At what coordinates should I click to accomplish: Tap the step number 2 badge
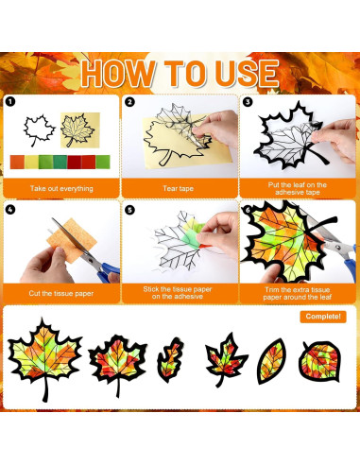click(x=129, y=101)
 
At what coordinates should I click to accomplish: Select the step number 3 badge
click(x=248, y=101)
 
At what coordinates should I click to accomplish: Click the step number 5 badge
click(x=129, y=209)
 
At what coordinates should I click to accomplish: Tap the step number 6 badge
click(x=248, y=209)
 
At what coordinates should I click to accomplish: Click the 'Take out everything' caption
click(x=61, y=188)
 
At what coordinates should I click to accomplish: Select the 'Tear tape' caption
click(x=180, y=188)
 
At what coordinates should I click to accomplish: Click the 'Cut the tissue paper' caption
click(x=61, y=293)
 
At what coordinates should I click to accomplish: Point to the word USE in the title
click(x=240, y=73)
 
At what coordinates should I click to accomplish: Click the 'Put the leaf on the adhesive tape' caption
click(x=298, y=188)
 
